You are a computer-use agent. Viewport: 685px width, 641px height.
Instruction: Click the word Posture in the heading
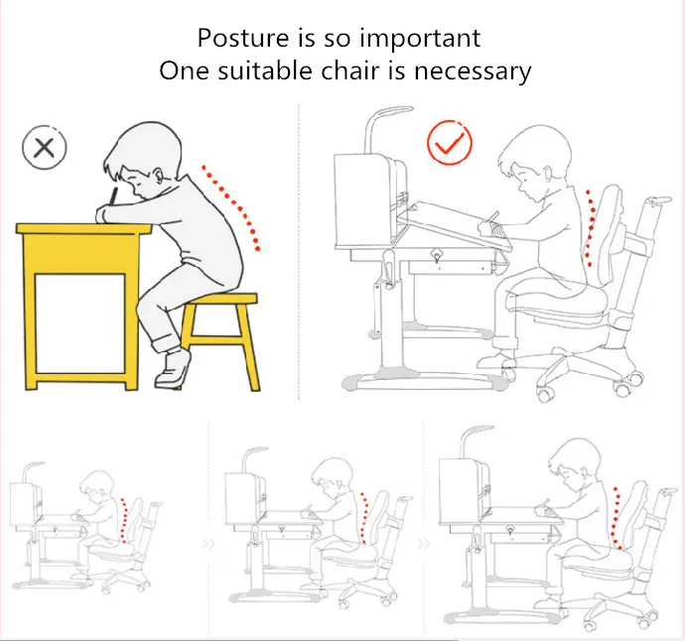click(x=243, y=38)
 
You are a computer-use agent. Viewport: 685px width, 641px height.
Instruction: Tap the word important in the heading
click(x=420, y=40)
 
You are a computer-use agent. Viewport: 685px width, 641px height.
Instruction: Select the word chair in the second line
click(x=350, y=70)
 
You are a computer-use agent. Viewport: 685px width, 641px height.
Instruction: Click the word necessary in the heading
click(x=473, y=72)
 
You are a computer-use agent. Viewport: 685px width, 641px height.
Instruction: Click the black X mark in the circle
click(x=44, y=148)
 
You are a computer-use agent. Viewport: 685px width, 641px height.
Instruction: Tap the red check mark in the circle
click(x=449, y=144)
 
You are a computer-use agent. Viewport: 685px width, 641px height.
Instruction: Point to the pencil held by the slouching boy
click(x=113, y=196)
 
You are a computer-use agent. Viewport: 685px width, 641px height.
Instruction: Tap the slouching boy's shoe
click(x=173, y=369)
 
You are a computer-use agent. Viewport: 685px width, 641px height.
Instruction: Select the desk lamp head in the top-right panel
click(x=391, y=109)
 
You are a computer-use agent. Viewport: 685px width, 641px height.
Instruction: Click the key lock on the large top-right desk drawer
click(x=436, y=255)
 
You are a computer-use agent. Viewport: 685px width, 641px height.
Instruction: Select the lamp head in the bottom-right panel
click(x=478, y=429)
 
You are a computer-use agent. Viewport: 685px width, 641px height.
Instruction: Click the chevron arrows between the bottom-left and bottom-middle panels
click(x=208, y=545)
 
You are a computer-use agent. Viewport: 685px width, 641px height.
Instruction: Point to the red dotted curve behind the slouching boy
click(x=232, y=206)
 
